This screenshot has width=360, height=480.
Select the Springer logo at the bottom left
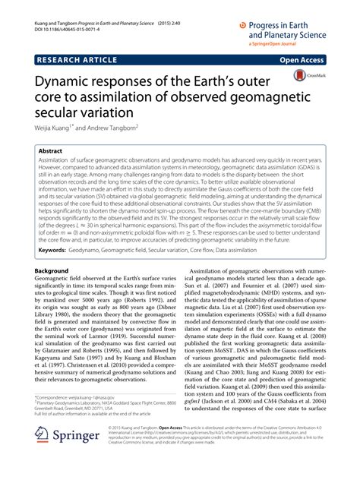tap(65, 456)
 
